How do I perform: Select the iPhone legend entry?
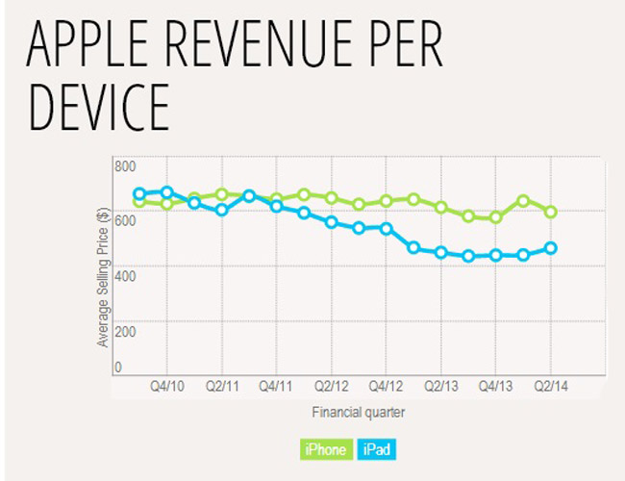(326, 448)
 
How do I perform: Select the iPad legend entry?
(377, 448)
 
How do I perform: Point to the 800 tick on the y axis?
(125, 166)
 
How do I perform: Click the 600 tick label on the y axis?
(125, 221)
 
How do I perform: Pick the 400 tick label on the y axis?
(125, 276)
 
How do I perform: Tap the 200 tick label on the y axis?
(125, 331)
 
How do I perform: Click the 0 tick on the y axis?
(119, 367)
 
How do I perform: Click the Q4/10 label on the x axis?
(167, 387)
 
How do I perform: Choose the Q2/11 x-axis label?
(222, 387)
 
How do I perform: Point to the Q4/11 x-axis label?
(277, 387)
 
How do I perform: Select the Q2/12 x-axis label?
(332, 387)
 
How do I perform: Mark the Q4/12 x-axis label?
(387, 387)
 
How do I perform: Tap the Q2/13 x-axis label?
(441, 387)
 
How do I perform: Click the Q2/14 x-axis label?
(551, 387)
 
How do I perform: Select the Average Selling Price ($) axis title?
(102, 279)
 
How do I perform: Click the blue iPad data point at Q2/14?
(551, 248)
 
